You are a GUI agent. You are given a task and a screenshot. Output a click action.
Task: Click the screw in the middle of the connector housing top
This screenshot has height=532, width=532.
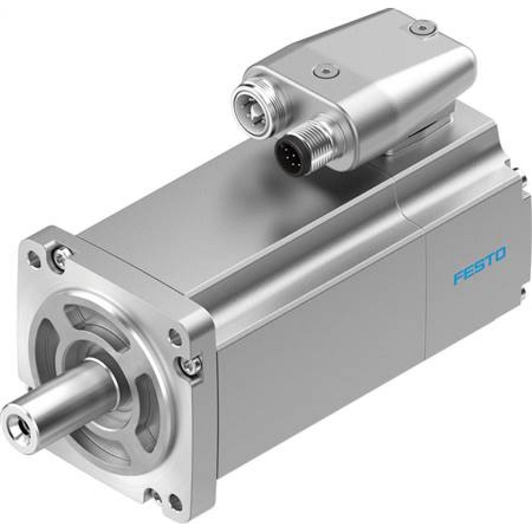click(x=323, y=70)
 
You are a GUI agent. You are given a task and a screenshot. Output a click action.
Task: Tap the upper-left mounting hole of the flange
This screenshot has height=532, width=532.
click(x=34, y=259)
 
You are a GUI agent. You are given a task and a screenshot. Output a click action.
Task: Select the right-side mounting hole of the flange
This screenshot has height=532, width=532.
click(x=174, y=336)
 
